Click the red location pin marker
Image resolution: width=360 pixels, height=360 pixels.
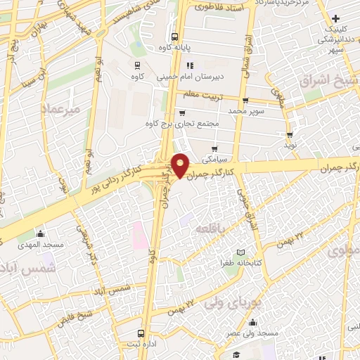click(x=181, y=165)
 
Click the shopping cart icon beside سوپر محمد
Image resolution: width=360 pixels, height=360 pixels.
click(x=243, y=101)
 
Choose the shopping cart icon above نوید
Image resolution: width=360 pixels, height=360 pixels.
click(x=290, y=134)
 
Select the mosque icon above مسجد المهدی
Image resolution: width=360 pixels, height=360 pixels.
click(x=40, y=233)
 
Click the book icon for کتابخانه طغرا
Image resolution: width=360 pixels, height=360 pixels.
click(x=241, y=252)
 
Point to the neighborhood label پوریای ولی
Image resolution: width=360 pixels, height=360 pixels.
click(x=230, y=303)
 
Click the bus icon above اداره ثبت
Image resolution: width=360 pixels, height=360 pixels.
click(x=142, y=333)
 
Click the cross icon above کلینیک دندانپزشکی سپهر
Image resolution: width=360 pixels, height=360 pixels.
click(x=335, y=18)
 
